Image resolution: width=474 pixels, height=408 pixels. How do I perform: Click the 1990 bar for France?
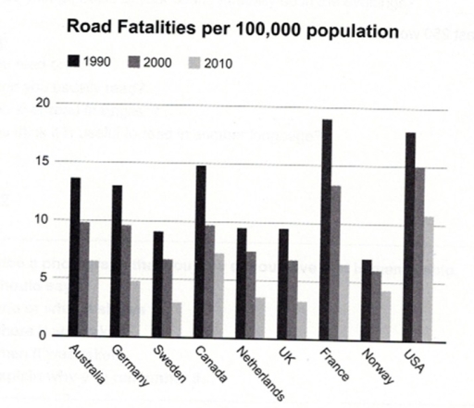click(327, 228)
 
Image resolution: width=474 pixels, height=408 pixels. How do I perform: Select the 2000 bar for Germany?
click(127, 280)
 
